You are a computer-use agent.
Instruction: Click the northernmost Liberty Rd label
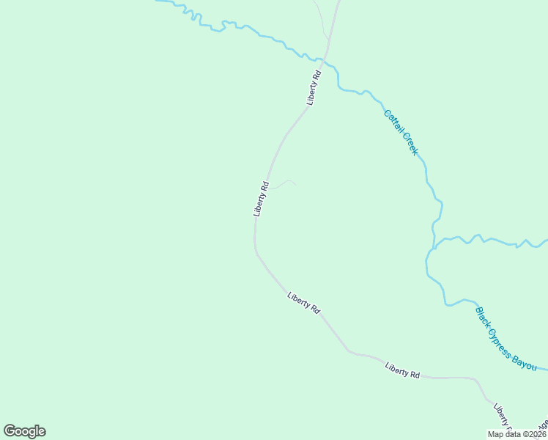click(314, 87)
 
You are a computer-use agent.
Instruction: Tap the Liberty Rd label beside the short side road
click(262, 198)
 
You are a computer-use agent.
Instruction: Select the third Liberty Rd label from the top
click(304, 303)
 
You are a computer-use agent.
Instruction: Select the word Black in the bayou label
click(484, 316)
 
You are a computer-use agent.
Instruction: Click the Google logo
click(24, 431)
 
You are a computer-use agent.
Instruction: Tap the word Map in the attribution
click(495, 434)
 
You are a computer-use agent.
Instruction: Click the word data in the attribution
click(511, 434)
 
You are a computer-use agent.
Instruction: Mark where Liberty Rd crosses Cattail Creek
click(327, 57)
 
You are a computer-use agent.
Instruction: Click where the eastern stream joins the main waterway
click(433, 246)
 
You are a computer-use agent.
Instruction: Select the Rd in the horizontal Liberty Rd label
click(415, 375)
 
